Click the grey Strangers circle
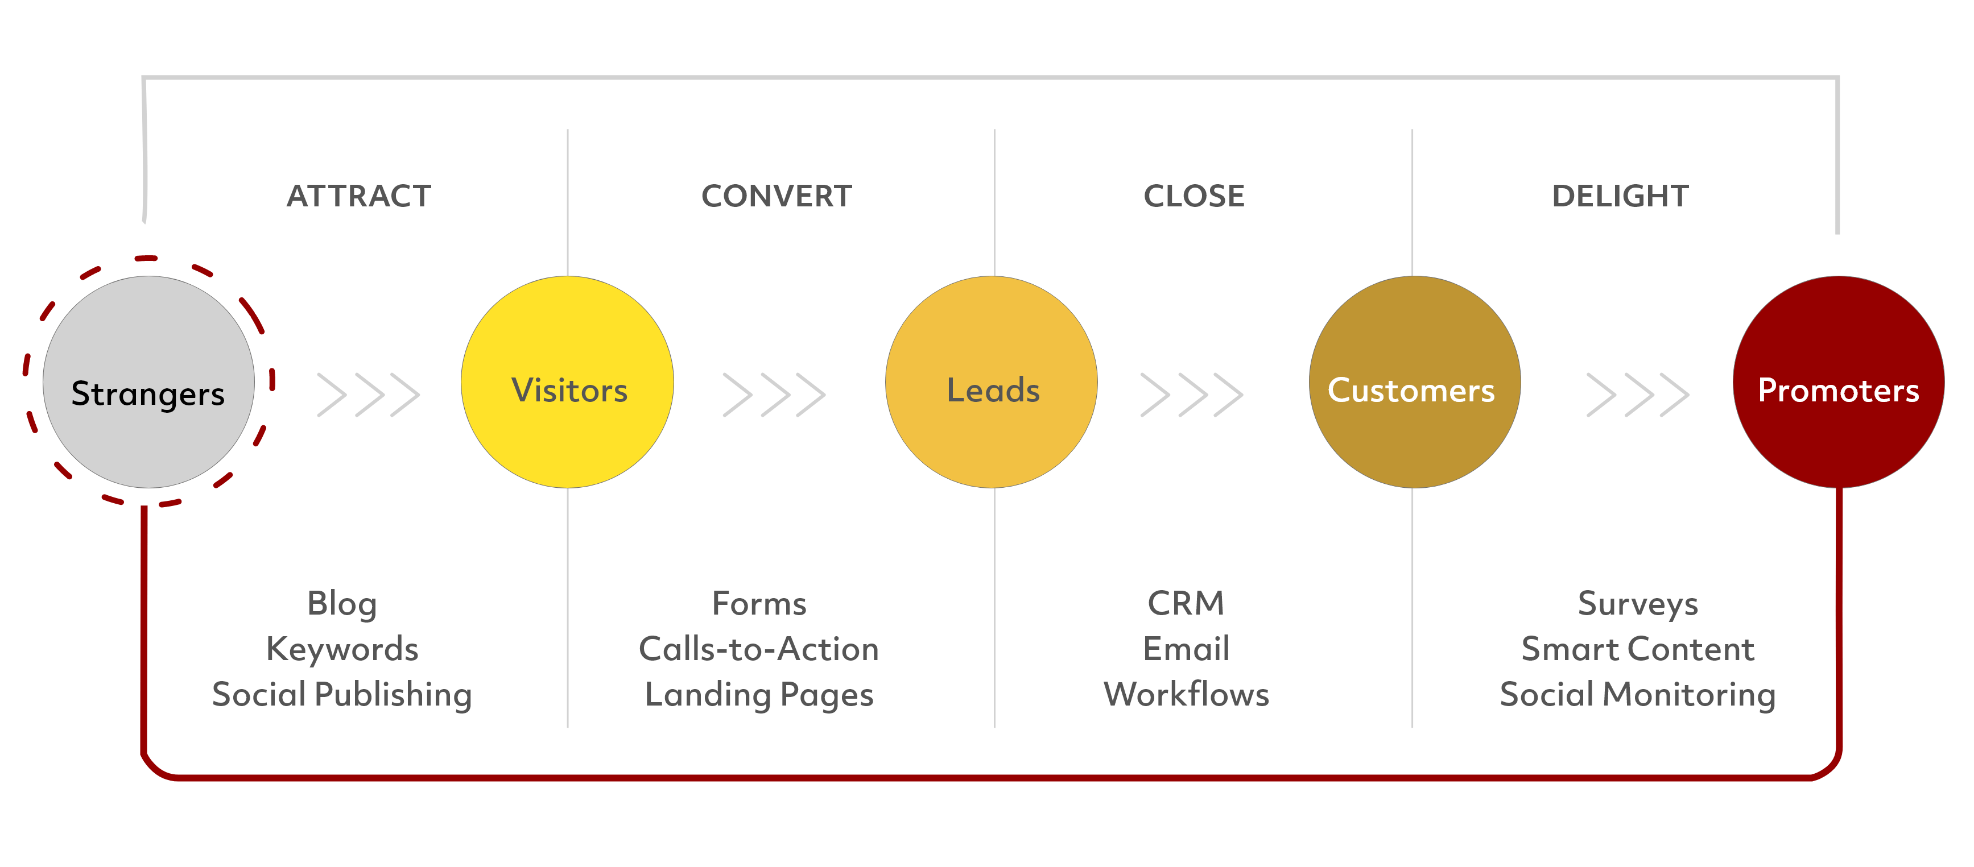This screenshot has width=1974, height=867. coord(148,382)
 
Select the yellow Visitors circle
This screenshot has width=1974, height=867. coord(567,382)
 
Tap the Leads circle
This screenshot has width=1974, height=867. coord(992,382)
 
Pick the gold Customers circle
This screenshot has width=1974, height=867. coord(1415,382)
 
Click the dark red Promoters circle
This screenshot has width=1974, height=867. coord(1839,382)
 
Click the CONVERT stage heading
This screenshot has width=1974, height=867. coord(777,196)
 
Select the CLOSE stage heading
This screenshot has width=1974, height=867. coord(1194,196)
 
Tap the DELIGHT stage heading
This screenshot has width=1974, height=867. coord(1620,196)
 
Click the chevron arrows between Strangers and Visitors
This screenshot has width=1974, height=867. coord(369,395)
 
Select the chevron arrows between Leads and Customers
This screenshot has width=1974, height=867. coord(1192,395)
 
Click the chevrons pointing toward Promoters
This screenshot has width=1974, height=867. coord(1638,395)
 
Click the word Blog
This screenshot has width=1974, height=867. coord(342,605)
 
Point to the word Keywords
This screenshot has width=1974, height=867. coord(342,649)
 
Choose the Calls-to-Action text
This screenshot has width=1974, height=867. coord(759,649)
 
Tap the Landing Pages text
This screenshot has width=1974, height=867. coord(759,695)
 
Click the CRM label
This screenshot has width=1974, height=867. coord(1186,604)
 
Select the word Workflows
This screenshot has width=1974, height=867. coord(1186,694)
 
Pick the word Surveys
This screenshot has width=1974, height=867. coord(1638,605)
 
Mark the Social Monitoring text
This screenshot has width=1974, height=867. coord(1638,695)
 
